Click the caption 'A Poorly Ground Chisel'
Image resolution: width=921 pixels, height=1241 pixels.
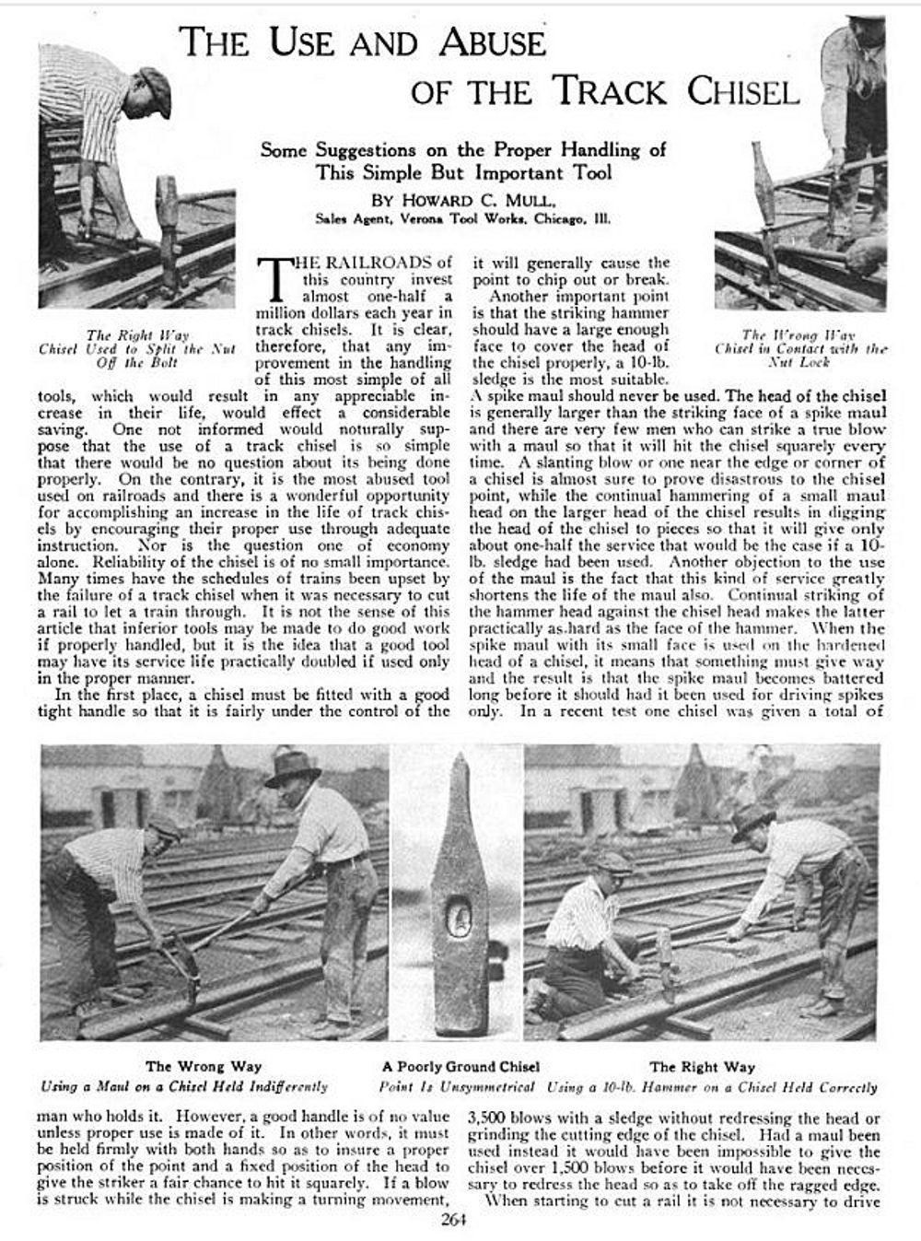pyautogui.click(x=460, y=1067)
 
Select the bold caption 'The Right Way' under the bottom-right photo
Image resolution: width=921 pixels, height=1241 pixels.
pyautogui.click(x=702, y=1067)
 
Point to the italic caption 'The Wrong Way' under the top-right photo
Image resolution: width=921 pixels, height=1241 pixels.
pyautogui.click(x=799, y=335)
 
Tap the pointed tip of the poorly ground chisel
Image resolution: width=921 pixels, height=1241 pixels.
pyautogui.click(x=458, y=759)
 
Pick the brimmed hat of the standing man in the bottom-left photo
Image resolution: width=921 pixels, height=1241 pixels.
pyautogui.click(x=292, y=767)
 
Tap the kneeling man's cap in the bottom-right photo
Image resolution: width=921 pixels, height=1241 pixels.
pyautogui.click(x=609, y=862)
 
